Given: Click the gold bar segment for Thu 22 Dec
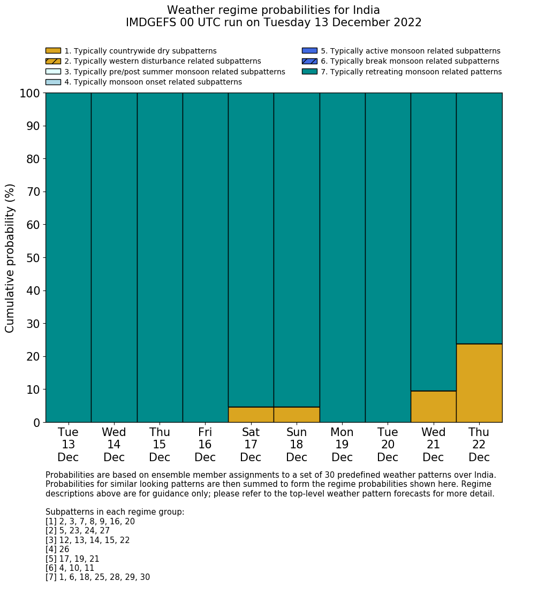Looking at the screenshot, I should [479, 383].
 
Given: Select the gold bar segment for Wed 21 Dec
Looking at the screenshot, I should [433, 407].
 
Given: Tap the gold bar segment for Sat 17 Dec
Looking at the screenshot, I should [251, 415].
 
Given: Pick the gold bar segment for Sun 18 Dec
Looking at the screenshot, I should [297, 415].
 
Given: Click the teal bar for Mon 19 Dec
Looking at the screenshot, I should [342, 257].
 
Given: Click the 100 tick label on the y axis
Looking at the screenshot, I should [29, 94].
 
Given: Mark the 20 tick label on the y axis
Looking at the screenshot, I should [33, 357].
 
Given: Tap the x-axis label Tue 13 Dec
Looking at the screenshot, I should [68, 445].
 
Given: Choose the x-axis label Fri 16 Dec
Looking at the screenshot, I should [205, 445].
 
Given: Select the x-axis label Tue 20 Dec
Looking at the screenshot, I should [388, 445].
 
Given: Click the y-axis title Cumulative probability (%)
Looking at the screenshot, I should [10, 258].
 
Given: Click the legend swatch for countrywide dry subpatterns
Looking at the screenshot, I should [53, 51].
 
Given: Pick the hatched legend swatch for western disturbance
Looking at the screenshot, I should [53, 61].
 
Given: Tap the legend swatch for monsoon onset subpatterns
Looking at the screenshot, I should [53, 82].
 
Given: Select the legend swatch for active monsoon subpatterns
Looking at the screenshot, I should [309, 51].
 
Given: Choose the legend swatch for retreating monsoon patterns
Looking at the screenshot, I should [309, 72].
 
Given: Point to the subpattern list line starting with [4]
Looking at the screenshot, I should [57, 549].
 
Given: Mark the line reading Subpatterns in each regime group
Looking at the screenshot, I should [115, 512].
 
